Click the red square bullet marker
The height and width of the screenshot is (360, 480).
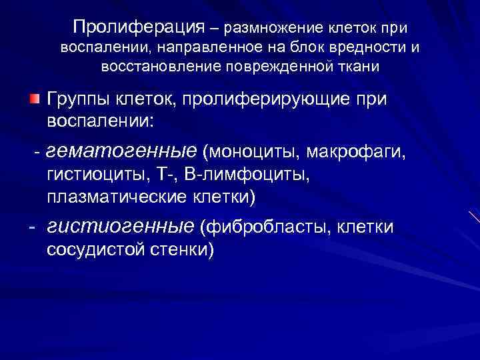pos(34,99)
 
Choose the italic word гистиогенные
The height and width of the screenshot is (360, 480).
pos(121,228)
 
